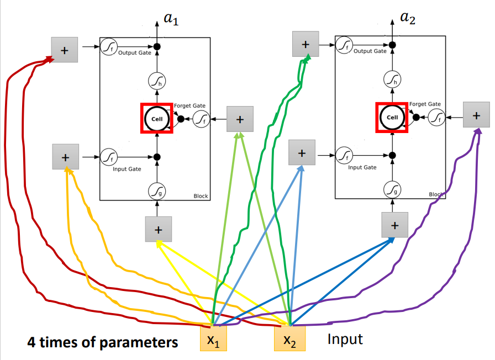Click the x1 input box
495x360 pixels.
coord(213,338)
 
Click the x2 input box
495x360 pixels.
coord(289,338)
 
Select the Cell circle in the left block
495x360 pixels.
coord(156,118)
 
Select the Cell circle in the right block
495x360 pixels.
coord(392,118)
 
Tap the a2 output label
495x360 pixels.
coord(408,19)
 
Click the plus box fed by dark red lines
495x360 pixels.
coord(65,50)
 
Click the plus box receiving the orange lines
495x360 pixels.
coord(66,157)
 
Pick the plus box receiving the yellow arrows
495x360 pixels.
coord(159,229)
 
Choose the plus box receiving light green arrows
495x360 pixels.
coord(240,119)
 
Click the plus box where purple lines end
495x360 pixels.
coord(476,115)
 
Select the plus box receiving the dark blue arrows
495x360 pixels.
coord(394,225)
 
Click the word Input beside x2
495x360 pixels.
coord(345,338)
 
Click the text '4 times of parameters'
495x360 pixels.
coord(103,342)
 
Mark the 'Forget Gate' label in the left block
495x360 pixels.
coord(189,105)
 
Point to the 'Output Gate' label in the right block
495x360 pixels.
coord(370,51)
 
